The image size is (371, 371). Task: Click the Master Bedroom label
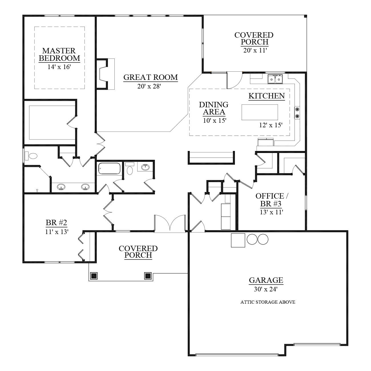point(59,55)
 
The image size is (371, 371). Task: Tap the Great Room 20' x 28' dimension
point(149,86)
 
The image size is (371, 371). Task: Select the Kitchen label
point(267,96)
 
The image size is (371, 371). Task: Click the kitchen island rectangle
point(260,112)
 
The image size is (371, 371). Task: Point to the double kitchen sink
point(275,79)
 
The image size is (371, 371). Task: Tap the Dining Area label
point(214,108)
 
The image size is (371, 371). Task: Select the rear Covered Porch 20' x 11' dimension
point(255,50)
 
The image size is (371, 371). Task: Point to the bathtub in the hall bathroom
point(109,168)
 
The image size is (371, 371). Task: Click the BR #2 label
point(56,223)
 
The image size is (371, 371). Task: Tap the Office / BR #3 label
point(271,200)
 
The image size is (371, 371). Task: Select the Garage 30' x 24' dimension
point(265,289)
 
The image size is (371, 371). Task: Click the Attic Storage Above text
point(268,302)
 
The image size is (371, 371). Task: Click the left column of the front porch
point(94,276)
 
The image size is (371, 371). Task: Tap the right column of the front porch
point(148,276)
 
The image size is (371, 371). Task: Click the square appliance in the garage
point(238,240)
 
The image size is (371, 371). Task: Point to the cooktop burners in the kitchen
point(297,113)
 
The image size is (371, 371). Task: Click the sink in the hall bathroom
point(145,167)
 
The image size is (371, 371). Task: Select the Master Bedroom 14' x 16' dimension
point(59,67)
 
